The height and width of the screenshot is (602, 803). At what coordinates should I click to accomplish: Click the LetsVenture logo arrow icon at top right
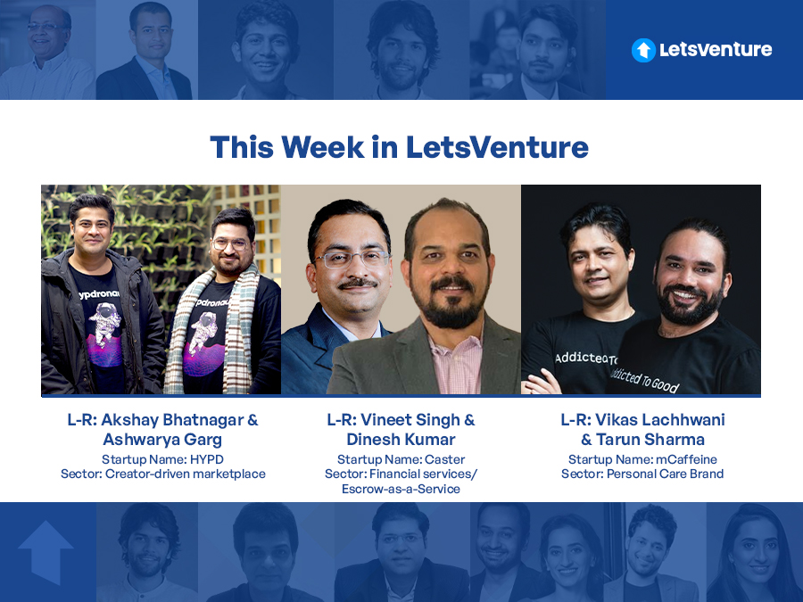(x=643, y=50)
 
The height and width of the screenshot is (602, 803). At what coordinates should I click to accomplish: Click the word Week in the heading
(x=323, y=147)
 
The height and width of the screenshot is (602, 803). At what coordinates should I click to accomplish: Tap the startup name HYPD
(x=206, y=459)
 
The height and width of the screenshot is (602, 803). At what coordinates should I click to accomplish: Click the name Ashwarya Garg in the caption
(x=162, y=439)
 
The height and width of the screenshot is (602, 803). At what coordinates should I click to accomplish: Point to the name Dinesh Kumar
(x=401, y=439)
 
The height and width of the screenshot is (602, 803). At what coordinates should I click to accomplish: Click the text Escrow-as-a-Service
(x=401, y=489)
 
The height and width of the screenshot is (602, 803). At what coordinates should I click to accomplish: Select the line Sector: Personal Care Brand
(x=642, y=474)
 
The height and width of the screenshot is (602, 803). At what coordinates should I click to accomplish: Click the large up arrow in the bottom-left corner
(x=46, y=552)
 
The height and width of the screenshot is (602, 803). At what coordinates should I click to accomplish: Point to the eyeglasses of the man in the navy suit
(x=352, y=259)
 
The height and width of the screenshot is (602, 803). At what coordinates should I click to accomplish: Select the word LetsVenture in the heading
(x=497, y=147)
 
